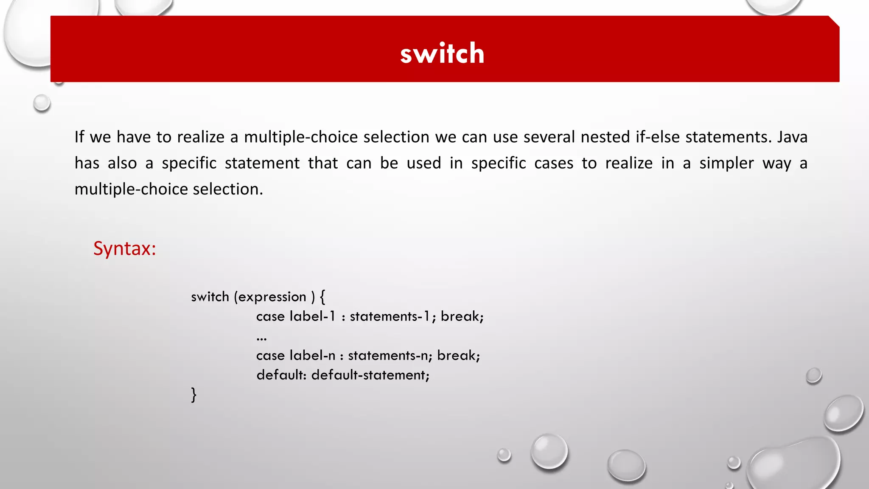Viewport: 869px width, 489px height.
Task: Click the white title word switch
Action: (x=442, y=53)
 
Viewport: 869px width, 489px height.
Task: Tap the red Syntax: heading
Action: (x=125, y=248)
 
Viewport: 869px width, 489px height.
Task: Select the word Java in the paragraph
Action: (x=792, y=137)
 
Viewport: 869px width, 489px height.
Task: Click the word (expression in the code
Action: (x=270, y=297)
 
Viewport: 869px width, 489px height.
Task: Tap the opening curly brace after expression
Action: (x=322, y=296)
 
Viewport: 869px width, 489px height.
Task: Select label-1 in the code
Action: (x=313, y=316)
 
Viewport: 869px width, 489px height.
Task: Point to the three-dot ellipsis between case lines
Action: (x=261, y=339)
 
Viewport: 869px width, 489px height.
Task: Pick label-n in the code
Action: (x=313, y=355)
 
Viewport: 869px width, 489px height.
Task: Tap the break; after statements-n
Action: (x=459, y=355)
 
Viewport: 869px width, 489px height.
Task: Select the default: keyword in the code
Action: (x=281, y=375)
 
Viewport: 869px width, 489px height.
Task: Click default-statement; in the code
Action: (x=370, y=375)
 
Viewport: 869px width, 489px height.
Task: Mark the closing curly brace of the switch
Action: (x=194, y=395)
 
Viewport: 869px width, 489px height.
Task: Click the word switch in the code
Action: (x=210, y=297)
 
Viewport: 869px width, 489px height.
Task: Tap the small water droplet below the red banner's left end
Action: (x=42, y=103)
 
